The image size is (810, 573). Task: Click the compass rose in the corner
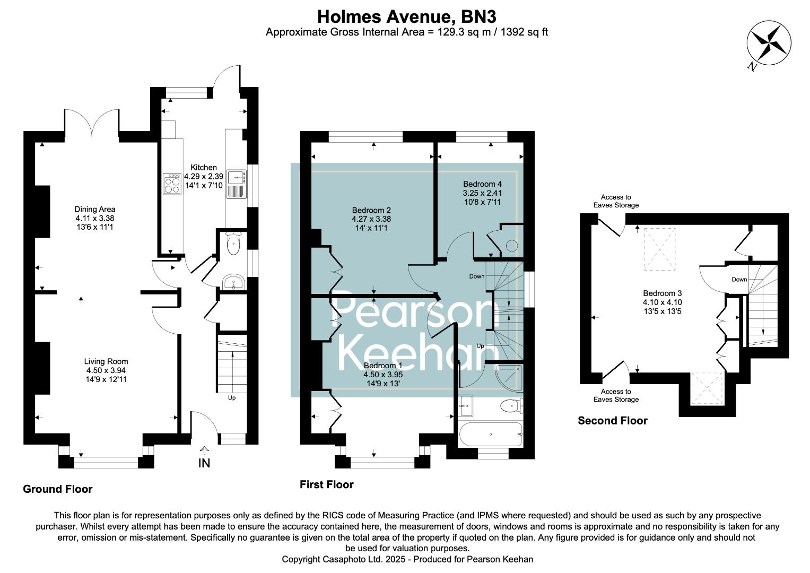[x=769, y=43]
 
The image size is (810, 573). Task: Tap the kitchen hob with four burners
[x=172, y=184]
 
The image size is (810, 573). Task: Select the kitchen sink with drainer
[x=237, y=184]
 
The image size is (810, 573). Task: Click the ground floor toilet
[x=233, y=244]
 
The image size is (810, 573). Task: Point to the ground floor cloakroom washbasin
[x=233, y=281]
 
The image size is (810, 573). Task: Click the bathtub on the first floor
[x=491, y=434]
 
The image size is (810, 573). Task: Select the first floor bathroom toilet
[x=512, y=406]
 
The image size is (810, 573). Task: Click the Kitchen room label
[x=204, y=168]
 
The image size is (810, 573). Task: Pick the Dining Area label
[x=95, y=209]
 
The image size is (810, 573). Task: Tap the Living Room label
[x=106, y=361]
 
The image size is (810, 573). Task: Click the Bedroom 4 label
[x=482, y=184]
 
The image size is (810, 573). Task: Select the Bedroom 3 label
[x=662, y=293]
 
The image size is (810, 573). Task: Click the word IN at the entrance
[x=204, y=463]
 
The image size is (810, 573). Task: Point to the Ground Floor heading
[x=57, y=489]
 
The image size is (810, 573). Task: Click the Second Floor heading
[x=613, y=421]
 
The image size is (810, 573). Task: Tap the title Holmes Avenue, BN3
[x=407, y=16]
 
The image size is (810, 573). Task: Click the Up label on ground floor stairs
[x=232, y=398]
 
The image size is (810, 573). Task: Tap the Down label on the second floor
[x=739, y=279]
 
